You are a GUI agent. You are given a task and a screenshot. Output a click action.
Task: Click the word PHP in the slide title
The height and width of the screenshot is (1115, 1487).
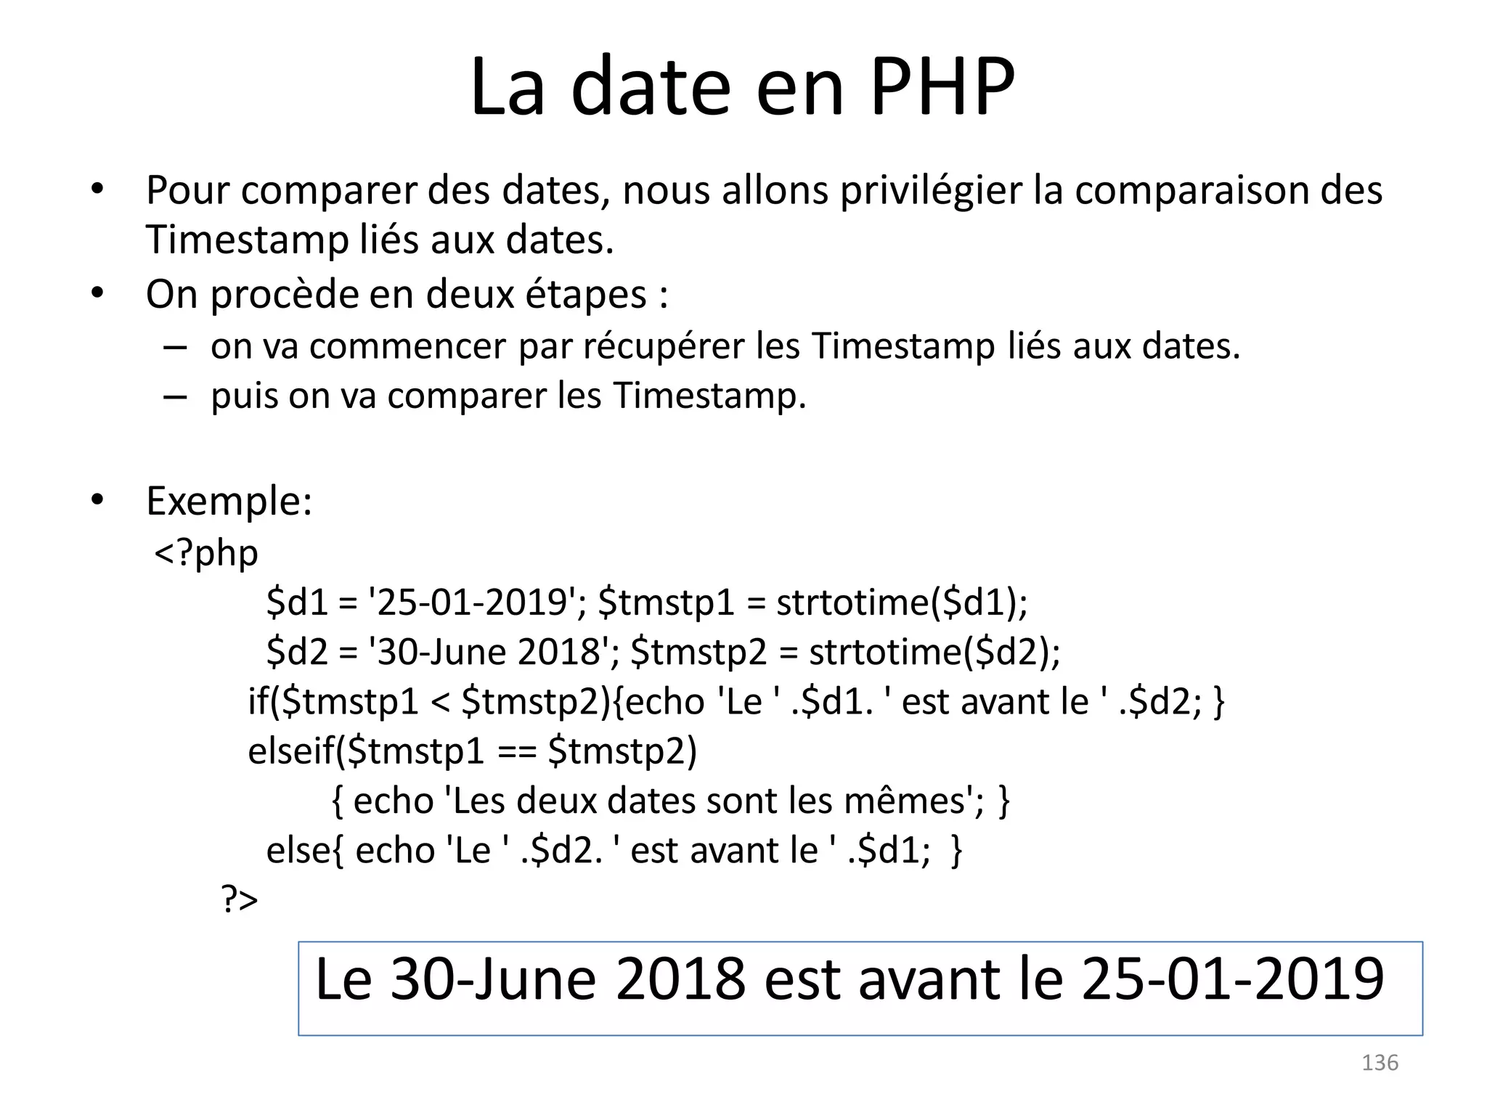tap(942, 87)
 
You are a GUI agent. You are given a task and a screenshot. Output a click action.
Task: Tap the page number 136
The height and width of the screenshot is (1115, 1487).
tap(1380, 1063)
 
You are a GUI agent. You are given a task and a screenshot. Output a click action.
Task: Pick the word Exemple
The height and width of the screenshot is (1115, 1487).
tap(229, 501)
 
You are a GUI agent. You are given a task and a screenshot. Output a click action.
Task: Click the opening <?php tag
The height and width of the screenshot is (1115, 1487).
tap(206, 554)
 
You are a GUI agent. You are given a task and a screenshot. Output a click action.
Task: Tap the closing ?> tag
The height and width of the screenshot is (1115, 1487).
tap(240, 900)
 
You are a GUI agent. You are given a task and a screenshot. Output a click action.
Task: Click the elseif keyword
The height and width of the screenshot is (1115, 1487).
tap(290, 751)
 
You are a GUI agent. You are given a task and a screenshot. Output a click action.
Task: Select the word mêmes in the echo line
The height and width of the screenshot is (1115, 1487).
tap(905, 801)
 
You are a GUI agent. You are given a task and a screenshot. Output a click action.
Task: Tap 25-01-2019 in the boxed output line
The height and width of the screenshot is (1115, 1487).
tap(1232, 980)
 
